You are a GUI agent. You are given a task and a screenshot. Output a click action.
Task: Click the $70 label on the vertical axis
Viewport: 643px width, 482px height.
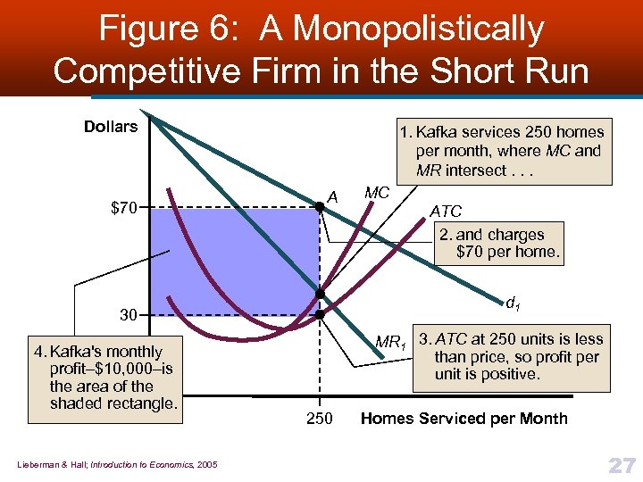[123, 209]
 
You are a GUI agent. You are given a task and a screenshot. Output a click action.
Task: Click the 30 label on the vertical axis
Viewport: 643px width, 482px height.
[129, 315]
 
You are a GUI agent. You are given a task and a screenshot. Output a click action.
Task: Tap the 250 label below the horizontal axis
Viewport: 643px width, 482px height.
[319, 419]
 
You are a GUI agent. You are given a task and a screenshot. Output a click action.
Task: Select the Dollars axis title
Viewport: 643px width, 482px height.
[111, 127]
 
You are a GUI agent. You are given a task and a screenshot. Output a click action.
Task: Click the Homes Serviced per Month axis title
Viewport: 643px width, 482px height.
[463, 419]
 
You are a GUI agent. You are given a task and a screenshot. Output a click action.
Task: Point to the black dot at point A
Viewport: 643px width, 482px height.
[319, 208]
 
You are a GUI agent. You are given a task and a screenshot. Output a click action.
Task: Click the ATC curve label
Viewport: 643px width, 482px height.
[446, 212]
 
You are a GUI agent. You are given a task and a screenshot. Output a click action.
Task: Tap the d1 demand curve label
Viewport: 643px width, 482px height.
[512, 306]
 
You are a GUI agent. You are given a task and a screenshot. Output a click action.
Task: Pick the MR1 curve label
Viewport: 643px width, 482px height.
[390, 341]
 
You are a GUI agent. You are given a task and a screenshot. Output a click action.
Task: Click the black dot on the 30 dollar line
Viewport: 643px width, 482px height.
[319, 315]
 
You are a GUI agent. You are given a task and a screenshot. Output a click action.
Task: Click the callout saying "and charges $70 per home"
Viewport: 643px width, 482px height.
[499, 243]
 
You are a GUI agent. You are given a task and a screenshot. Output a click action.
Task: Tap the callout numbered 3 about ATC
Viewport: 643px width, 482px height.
[512, 356]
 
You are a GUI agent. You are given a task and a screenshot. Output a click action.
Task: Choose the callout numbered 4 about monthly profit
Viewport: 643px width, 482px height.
[106, 378]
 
